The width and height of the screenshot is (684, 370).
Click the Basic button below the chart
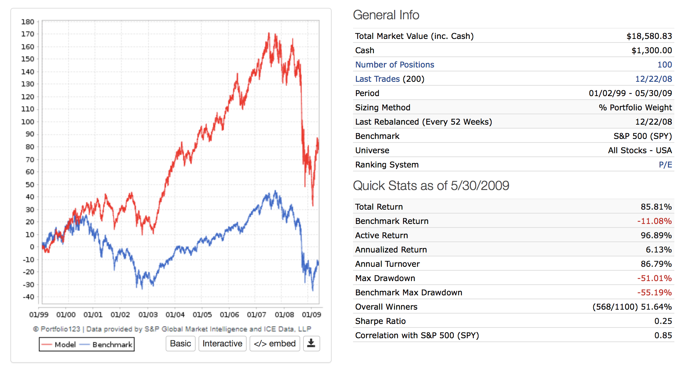[x=180, y=344]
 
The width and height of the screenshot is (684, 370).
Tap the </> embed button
[x=275, y=344]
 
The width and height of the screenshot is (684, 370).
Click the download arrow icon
[x=311, y=344]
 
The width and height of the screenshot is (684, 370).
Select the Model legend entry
[x=59, y=345]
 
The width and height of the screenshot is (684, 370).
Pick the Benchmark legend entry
[x=106, y=345]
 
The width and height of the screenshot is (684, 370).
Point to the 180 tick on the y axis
[x=28, y=22]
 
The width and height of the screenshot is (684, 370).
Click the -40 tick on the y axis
[x=28, y=297]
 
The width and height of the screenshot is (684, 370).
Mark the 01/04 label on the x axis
[x=175, y=315]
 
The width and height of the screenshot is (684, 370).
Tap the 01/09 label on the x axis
[x=311, y=315]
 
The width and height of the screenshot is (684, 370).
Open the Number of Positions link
[x=394, y=65]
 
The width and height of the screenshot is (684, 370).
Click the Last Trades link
[x=377, y=79]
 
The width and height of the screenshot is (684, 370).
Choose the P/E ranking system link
[x=665, y=165]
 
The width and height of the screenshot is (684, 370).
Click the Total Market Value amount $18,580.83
[x=649, y=36]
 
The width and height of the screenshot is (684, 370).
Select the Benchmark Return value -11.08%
[x=654, y=221]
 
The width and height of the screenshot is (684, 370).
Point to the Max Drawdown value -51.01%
[x=654, y=278]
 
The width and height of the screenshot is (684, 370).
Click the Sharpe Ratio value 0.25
[x=663, y=321]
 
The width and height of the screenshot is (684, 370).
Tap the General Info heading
[x=386, y=15]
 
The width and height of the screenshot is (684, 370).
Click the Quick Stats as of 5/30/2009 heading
[x=431, y=186]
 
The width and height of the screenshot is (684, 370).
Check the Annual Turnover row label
[x=387, y=264]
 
